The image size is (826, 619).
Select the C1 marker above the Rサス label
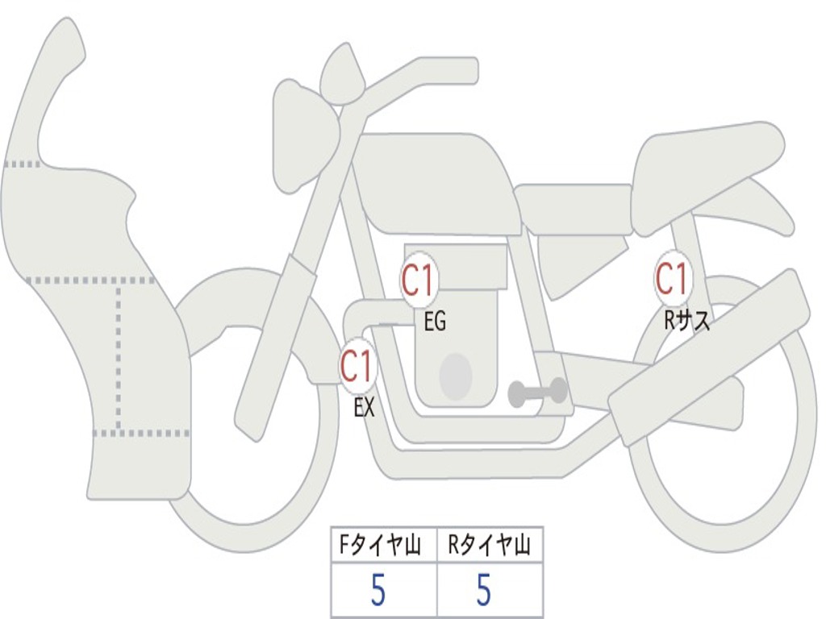click(671, 279)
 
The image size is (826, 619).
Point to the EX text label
click(364, 408)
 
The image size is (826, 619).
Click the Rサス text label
click(686, 321)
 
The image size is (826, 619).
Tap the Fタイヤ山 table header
click(383, 547)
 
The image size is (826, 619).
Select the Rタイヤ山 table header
click(490, 547)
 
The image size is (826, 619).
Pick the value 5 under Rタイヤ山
click(483, 592)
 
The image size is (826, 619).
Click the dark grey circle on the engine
click(455, 376)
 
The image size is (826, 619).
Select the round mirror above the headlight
click(342, 77)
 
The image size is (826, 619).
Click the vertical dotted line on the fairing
click(119, 355)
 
